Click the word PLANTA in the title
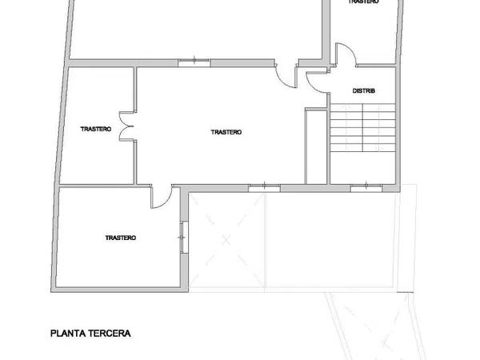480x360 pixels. coord(68,334)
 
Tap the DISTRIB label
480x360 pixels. coord(364,91)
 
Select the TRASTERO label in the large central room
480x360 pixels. coord(226,132)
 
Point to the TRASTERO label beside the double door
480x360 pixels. coord(96,129)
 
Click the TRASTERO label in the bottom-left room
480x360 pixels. coord(120,238)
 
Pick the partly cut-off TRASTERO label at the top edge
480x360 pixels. coord(364,2)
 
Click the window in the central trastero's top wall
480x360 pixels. coord(194,62)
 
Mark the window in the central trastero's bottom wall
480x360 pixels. coord(264,188)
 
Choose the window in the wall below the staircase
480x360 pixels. coord(366,188)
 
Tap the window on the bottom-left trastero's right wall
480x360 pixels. coord(184,238)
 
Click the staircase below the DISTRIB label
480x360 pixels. coord(362,128)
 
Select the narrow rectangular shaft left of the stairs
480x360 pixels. coord(316,146)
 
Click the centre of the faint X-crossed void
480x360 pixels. coord(226,240)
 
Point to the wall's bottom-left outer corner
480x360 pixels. coord(51,292)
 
